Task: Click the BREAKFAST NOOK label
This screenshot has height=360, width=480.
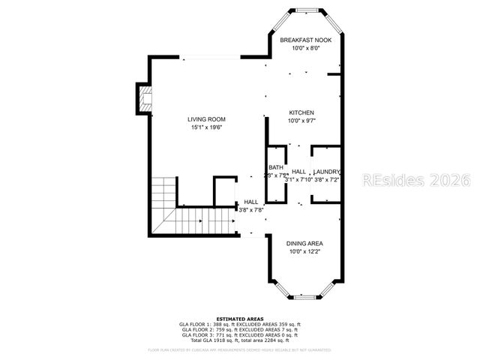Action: click(306, 39)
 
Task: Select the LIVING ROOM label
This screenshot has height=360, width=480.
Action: click(206, 119)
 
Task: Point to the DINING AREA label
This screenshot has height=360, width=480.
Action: click(305, 243)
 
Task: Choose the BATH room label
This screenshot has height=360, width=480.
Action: click(276, 167)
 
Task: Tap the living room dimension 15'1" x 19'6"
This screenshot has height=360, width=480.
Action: click(206, 127)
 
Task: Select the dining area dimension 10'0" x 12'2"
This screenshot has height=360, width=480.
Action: click(305, 251)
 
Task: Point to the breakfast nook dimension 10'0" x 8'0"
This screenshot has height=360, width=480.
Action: click(306, 47)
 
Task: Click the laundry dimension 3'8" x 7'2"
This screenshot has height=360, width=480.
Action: click(327, 179)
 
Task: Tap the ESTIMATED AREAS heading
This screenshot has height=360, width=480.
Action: click(238, 319)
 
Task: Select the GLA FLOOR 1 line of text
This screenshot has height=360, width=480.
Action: click(238, 324)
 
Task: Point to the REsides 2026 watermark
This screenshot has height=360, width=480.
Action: click(415, 180)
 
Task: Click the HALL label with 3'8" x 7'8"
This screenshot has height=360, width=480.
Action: click(251, 202)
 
